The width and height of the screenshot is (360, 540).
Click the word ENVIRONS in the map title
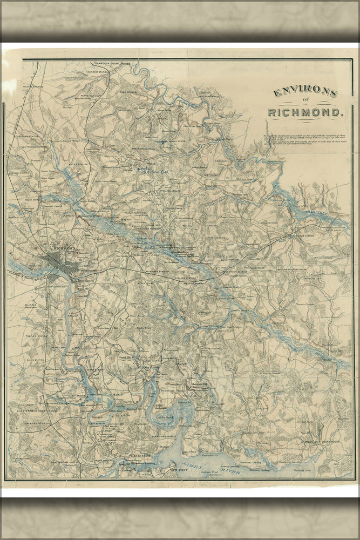pos(305,92)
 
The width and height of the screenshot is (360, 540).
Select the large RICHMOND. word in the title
pos(305,113)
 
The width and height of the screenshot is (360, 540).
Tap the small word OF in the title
pos(305,103)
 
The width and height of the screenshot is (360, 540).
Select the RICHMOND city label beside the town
pos(63,249)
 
